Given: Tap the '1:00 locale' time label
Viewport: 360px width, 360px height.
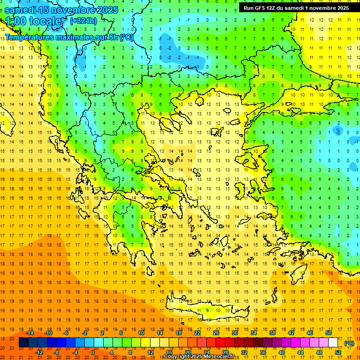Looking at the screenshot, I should [33, 21].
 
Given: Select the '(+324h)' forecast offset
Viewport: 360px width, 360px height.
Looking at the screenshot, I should [83, 21].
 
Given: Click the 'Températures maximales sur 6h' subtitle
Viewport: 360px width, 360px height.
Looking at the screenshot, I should [68, 37].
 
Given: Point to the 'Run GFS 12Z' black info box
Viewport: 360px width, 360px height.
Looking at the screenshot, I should [296, 7].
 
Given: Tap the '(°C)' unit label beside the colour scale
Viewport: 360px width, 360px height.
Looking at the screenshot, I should [349, 343].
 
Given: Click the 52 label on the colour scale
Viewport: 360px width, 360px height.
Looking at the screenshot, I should [338, 352].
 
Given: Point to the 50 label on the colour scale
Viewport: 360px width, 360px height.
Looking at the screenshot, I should [329, 333].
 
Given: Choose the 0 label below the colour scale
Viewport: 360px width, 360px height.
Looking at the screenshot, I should [93, 352].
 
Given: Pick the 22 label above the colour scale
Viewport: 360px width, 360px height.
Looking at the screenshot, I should [197, 333].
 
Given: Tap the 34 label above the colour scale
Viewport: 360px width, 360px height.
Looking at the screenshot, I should [254, 333].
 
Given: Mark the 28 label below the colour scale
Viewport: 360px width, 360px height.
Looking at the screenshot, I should [225, 352].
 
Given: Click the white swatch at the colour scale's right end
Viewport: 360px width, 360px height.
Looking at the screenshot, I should [333, 343].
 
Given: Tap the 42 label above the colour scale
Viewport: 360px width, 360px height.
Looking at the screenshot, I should [291, 333].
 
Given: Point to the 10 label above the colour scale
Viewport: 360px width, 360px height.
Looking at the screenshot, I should [141, 333].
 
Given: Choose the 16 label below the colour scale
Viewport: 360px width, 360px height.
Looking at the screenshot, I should [169, 352].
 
